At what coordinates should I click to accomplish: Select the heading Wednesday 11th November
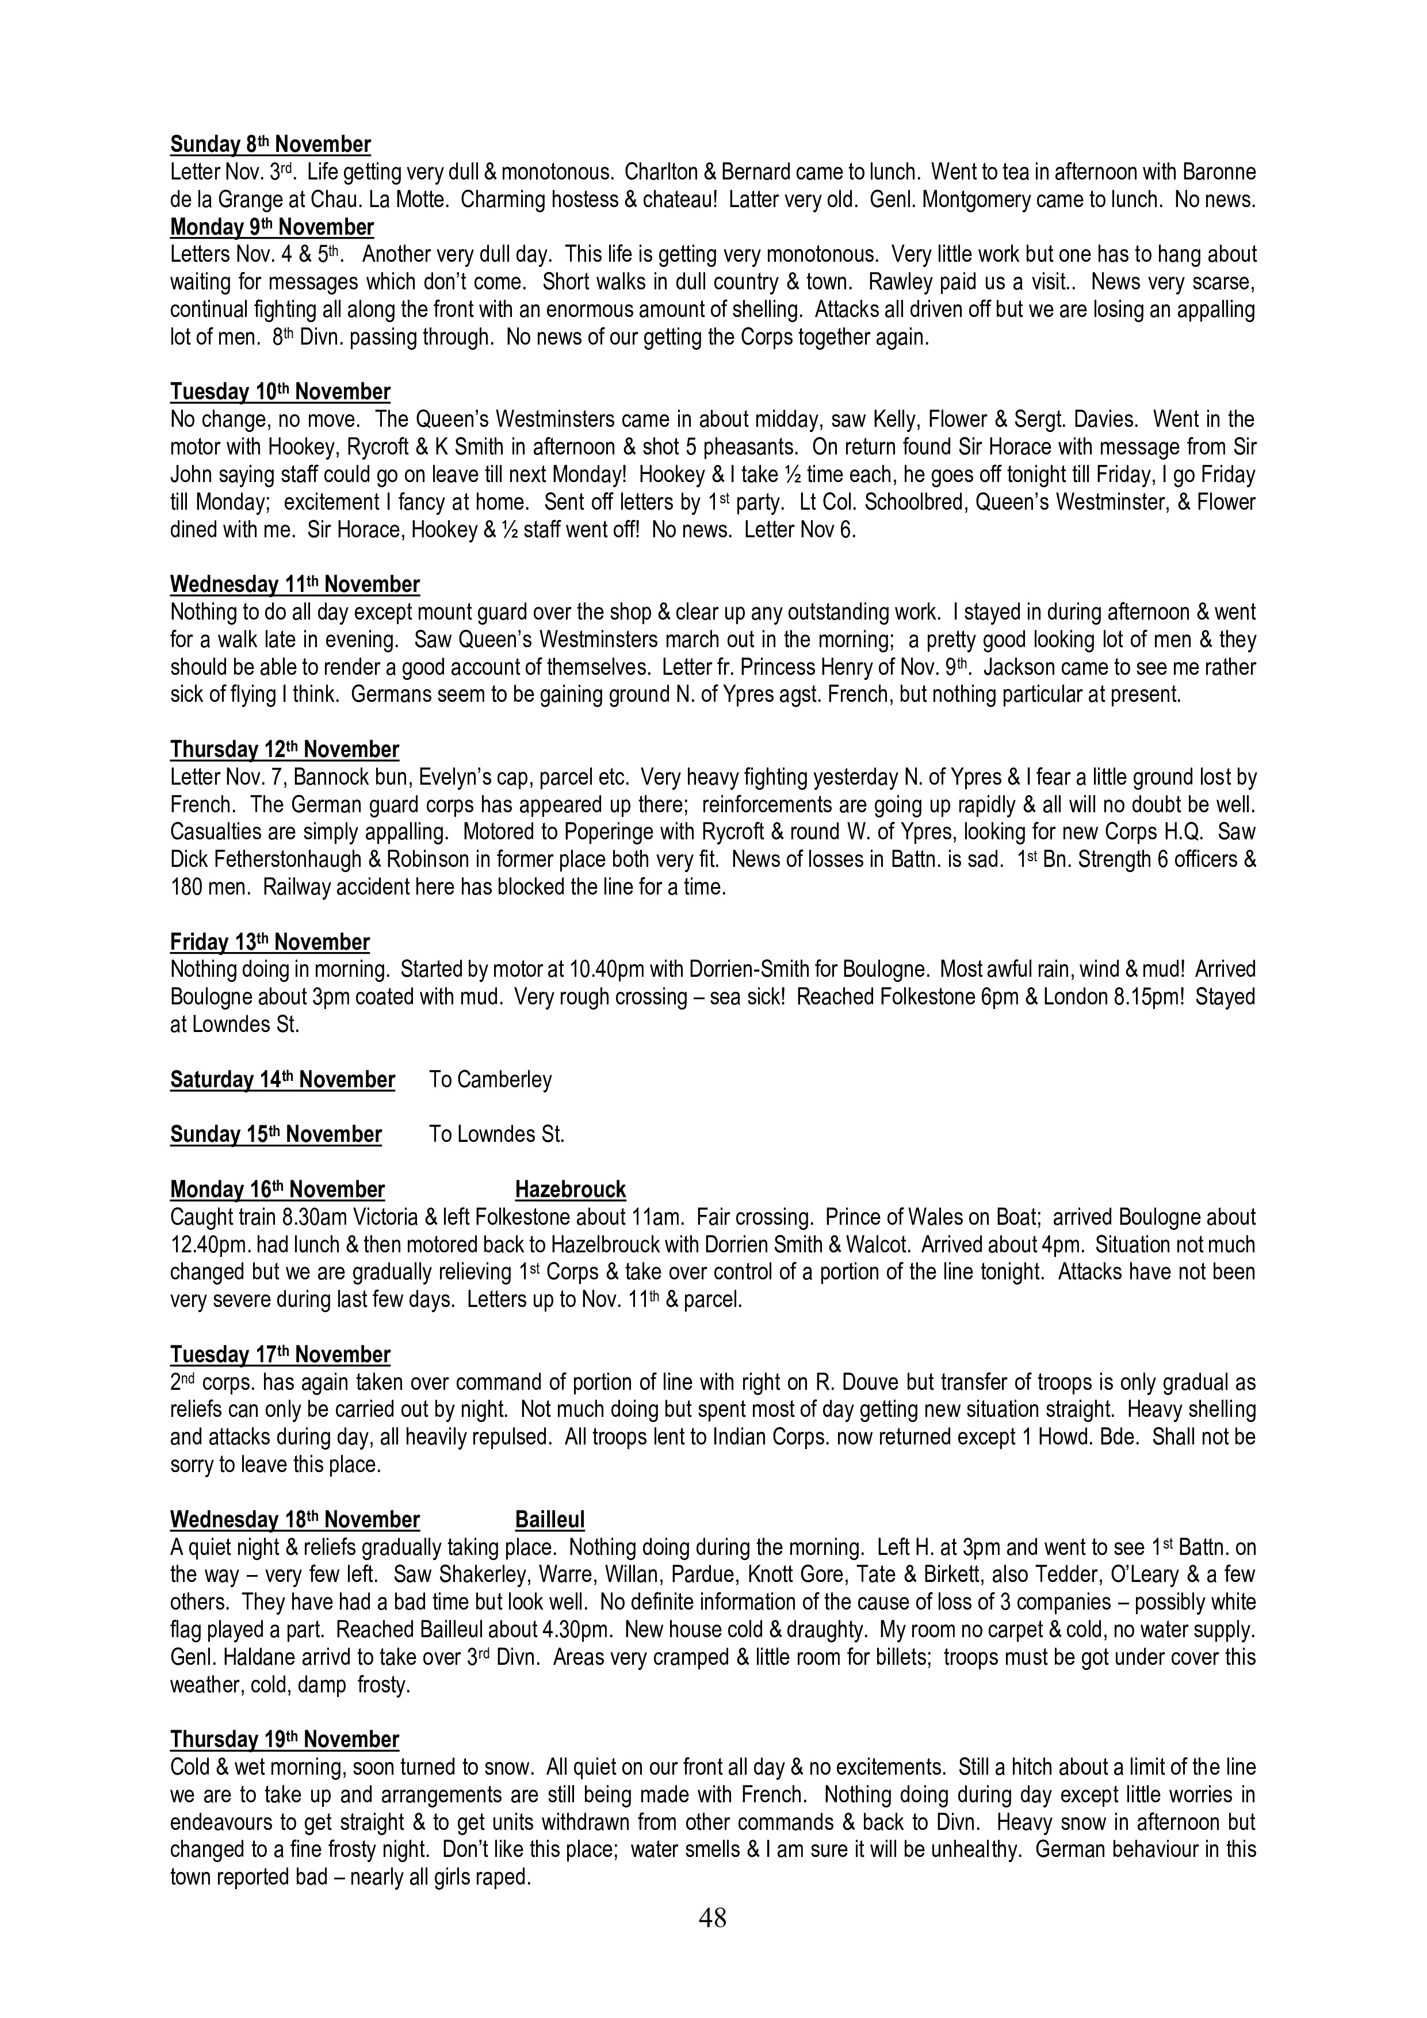pos(294,584)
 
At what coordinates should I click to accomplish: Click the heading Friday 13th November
pos(270,942)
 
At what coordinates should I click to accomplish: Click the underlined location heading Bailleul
pos(549,1520)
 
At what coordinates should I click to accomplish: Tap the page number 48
pos(713,1918)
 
